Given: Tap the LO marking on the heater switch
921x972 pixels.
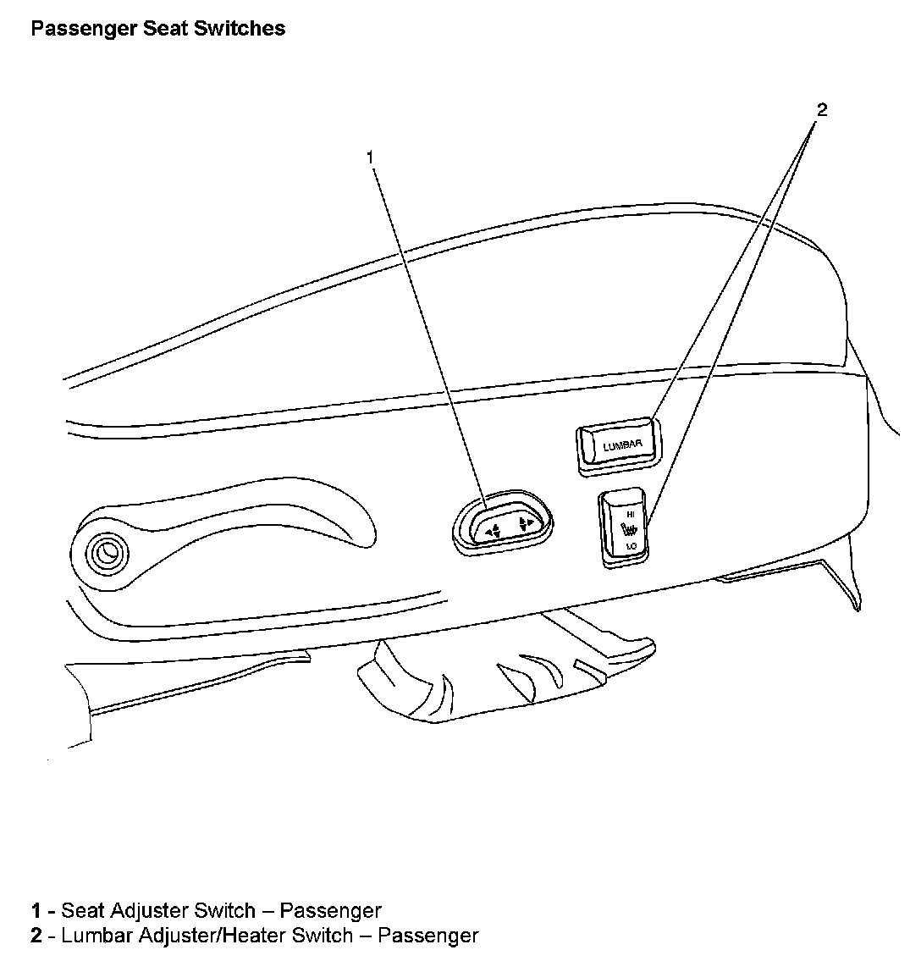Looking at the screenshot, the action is coord(630,547).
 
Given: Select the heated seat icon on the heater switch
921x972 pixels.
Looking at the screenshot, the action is coord(628,531).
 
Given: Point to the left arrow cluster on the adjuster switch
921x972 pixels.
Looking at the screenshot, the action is coord(492,529).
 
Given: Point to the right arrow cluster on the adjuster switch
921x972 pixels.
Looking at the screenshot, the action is coord(526,522).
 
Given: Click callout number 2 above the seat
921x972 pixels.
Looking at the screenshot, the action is coord(820,108).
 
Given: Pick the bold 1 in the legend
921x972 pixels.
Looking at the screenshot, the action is coord(36,911).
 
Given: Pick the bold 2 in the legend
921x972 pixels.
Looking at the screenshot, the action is coord(36,936).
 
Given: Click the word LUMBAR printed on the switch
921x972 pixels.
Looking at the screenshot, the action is coord(622,444).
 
